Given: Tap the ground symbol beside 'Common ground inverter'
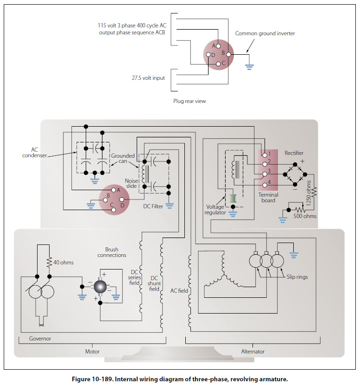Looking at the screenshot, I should click(x=249, y=66).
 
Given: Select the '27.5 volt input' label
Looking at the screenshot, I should click(x=148, y=78).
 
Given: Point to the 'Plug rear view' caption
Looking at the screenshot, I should click(x=189, y=101).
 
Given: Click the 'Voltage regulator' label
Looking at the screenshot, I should click(x=215, y=210).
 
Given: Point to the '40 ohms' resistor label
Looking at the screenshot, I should click(x=63, y=263).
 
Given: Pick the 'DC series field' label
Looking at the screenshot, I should click(x=134, y=277).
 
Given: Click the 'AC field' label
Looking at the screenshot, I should click(x=179, y=290).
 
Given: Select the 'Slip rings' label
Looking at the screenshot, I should click(x=297, y=277).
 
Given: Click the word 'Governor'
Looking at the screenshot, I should click(x=40, y=339).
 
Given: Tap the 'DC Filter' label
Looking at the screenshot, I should click(x=153, y=206).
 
